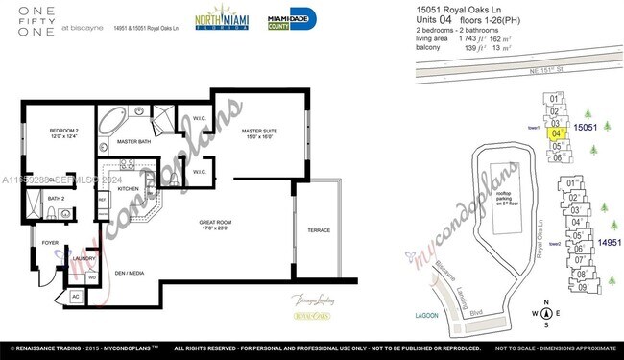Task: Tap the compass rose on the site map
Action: (545, 312)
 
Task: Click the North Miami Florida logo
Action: (225, 21)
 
